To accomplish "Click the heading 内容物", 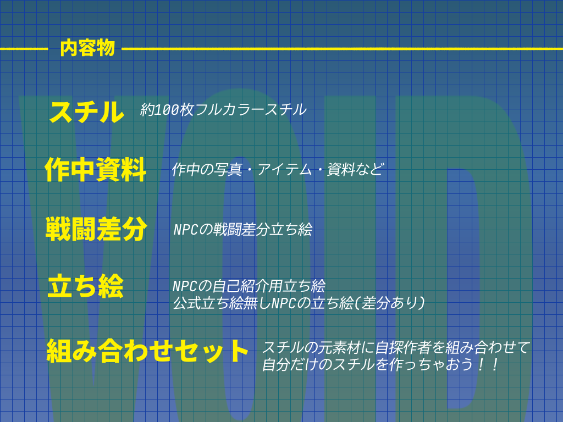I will [87, 48].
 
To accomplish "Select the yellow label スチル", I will [86, 112].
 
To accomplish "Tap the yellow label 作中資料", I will [96, 169].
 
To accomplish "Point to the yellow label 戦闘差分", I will [96, 229].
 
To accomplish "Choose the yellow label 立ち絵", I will [85, 286].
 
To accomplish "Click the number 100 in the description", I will [166, 110].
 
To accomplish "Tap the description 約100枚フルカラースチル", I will [223, 110].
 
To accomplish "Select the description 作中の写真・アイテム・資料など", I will [277, 169].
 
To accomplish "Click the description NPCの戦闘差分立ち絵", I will [242, 230].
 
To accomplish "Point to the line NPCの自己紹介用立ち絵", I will [249, 286].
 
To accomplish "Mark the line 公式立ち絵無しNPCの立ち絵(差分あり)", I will [299, 303].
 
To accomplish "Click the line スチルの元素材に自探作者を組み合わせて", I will [396, 347].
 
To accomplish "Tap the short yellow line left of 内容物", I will [24, 49].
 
